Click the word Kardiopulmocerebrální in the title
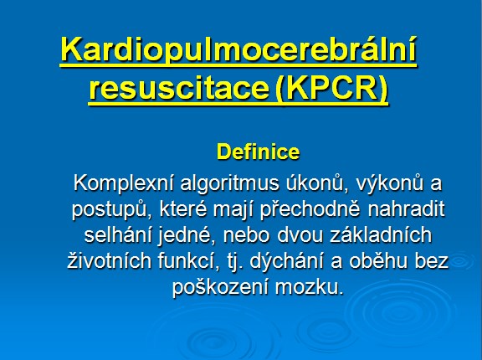(x=238, y=49)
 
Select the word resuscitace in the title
(x=179, y=88)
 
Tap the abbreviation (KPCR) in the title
(x=331, y=89)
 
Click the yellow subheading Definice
(x=258, y=152)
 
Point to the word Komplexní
(x=124, y=184)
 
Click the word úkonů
(x=318, y=184)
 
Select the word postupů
(x=112, y=210)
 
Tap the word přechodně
(x=310, y=210)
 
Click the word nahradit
(x=406, y=209)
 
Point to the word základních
(x=382, y=235)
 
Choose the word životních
(x=109, y=261)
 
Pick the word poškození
(x=220, y=288)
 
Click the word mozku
(x=309, y=288)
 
